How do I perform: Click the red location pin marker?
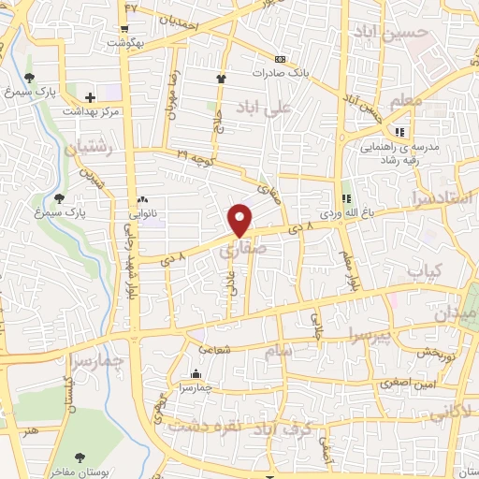(240, 220)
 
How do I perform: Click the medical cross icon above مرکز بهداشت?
(90, 97)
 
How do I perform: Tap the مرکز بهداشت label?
(92, 111)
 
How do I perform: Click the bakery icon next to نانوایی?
(143, 199)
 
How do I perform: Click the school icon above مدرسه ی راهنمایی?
(401, 131)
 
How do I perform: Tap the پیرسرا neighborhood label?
(349, 334)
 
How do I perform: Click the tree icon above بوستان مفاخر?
(78, 457)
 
